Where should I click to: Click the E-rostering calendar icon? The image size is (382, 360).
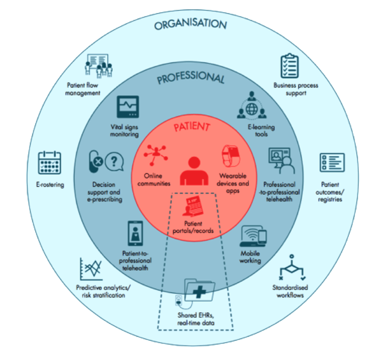50,162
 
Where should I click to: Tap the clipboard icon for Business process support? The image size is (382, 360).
289,66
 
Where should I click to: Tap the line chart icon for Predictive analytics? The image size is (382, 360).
91,269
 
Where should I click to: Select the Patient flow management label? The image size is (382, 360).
83,89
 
